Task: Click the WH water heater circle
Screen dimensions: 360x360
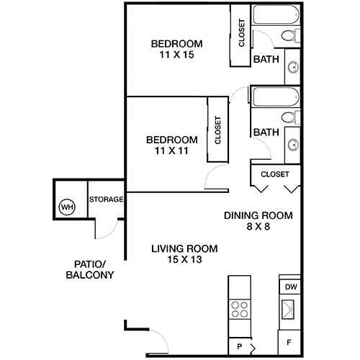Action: [66, 207]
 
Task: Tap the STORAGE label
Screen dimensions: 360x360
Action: [106, 199]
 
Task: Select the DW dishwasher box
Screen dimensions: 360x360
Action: [290, 287]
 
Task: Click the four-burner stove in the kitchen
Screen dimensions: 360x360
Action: [239, 310]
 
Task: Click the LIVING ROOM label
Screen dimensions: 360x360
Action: [184, 249]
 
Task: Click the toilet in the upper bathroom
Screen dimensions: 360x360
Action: [288, 37]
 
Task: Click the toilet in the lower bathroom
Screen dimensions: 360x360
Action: [288, 118]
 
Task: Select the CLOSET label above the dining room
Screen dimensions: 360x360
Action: [274, 174]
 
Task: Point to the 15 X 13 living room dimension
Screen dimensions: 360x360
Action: [184, 261]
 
